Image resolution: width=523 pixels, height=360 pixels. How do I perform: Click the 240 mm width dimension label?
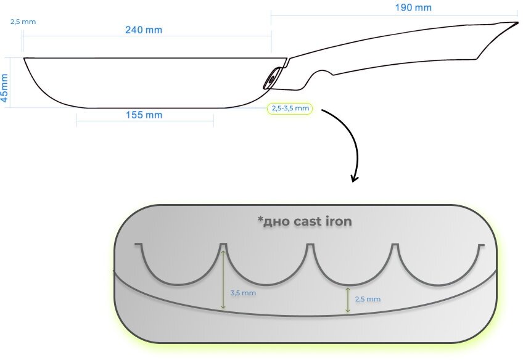(144, 30)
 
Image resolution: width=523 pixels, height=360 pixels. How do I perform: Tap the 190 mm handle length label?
(413, 7)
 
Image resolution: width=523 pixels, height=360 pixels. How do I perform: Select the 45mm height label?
(5, 88)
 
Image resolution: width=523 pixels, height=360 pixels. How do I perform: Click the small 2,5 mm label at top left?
(23, 22)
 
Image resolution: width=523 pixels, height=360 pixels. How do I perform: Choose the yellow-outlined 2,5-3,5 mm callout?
(290, 108)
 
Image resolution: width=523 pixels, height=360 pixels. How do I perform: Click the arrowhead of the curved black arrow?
(355, 178)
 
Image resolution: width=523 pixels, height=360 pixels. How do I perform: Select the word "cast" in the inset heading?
(305, 221)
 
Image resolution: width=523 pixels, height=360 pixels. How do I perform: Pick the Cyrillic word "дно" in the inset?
(275, 221)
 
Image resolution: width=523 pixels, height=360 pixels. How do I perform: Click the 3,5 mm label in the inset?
(243, 293)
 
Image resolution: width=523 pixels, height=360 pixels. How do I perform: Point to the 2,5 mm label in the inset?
(368, 299)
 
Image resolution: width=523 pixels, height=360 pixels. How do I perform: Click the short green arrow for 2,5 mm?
(348, 300)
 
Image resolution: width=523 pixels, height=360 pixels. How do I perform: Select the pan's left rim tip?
(25, 59)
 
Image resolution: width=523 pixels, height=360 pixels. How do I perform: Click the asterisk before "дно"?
(260, 219)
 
